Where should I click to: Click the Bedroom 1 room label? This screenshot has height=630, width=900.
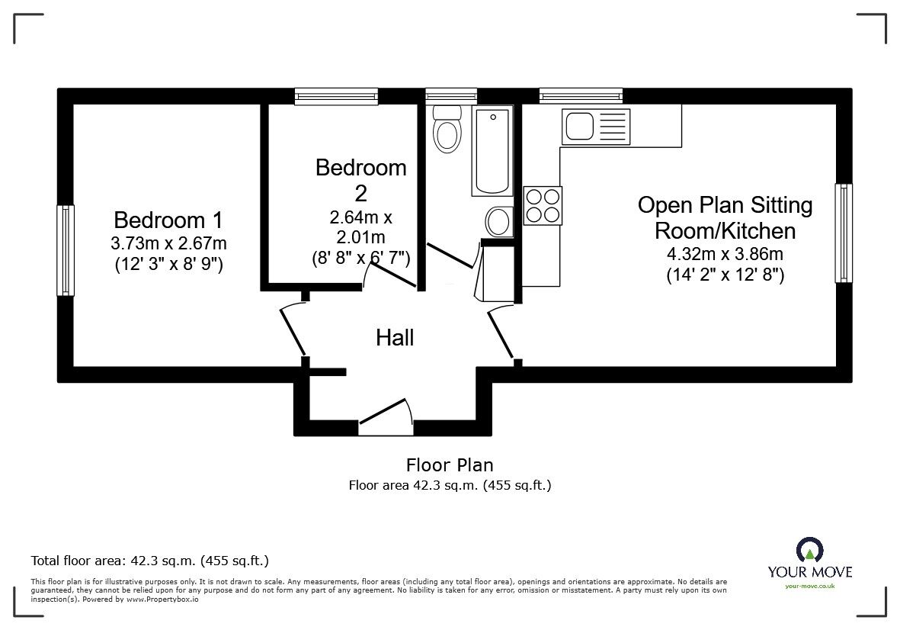[x=168, y=220]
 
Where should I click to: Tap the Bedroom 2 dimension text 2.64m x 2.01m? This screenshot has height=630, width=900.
[x=360, y=227]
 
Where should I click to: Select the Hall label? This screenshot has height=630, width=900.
[x=395, y=338]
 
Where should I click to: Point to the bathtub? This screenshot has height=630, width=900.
[x=492, y=150]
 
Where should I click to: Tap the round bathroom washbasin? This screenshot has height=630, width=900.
[x=498, y=221]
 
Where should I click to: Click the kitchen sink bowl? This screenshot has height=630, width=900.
[x=580, y=127]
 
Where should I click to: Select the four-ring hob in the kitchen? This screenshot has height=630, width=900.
[x=543, y=206]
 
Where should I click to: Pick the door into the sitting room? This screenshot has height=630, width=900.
[x=501, y=334]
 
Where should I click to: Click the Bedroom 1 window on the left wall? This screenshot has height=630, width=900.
[x=66, y=250]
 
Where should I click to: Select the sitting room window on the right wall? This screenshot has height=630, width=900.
[x=843, y=233]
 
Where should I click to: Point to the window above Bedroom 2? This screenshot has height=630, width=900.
[x=336, y=96]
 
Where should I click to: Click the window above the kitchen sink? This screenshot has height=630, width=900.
[x=581, y=96]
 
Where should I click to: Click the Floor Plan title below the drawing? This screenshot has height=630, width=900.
[x=450, y=464]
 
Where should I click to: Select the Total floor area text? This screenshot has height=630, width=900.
[x=150, y=561]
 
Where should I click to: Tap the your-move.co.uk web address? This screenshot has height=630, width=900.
[x=810, y=586]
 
